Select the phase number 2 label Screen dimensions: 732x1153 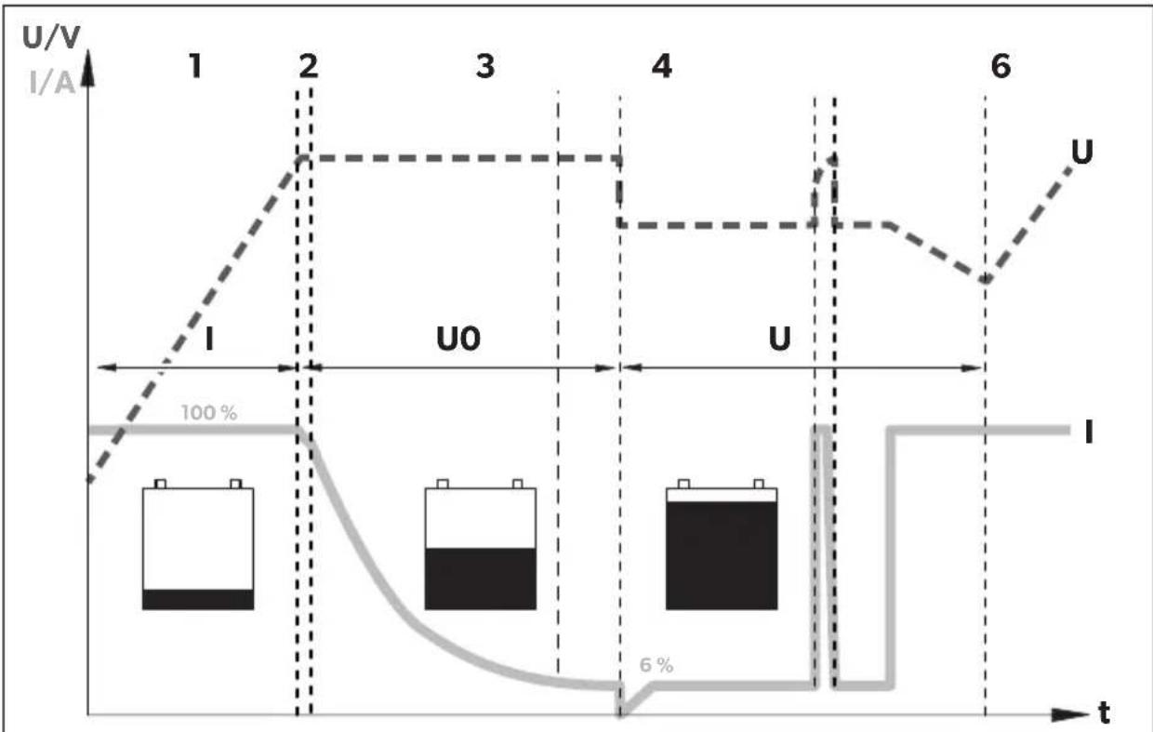[x=308, y=67]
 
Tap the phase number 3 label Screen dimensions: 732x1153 [x=484, y=68]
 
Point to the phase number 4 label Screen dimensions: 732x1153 [x=661, y=68]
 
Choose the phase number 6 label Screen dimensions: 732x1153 [x=1000, y=68]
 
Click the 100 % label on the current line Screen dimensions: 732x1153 [x=208, y=413]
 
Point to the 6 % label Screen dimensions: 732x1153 [x=656, y=666]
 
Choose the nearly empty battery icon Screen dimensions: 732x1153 [x=198, y=545]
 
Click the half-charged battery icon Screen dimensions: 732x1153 [x=480, y=545]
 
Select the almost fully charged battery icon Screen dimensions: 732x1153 [x=722, y=545]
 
